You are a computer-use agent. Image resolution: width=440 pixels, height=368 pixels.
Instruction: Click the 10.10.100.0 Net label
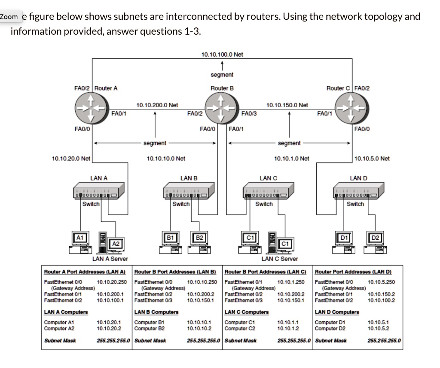coord(222,54)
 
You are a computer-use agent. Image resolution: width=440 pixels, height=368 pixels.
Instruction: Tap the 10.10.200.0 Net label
coord(157,105)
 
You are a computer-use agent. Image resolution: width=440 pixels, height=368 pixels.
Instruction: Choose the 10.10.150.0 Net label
coord(287,105)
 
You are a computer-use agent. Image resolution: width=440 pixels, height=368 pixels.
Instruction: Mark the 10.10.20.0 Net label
coord(71,159)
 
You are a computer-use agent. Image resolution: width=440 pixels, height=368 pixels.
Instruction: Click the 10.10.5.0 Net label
coord(372,159)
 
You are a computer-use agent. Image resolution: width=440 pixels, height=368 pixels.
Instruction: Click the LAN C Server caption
coord(280,259)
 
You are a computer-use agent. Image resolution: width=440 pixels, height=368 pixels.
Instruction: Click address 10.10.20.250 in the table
coord(112,282)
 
